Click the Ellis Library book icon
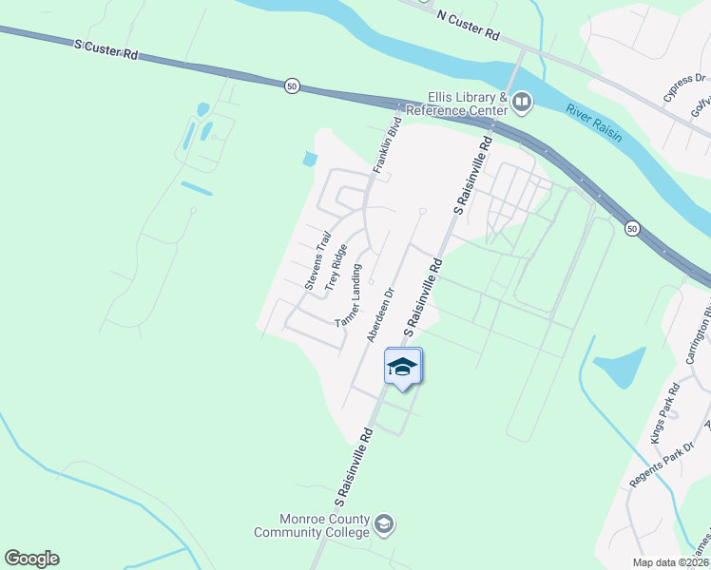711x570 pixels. [x=521, y=101]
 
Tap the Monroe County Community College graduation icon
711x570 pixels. [x=384, y=523]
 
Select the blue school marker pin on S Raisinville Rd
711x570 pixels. [x=403, y=367]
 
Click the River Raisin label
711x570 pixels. [x=594, y=122]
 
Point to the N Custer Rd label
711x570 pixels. [x=468, y=26]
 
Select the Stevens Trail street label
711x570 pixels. [x=317, y=260]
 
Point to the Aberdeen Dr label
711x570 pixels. [x=379, y=316]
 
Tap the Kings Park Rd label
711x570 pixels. [x=663, y=413]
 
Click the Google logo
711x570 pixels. [x=32, y=559]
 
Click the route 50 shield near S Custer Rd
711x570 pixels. [x=291, y=85]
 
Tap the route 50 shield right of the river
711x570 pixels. [x=631, y=228]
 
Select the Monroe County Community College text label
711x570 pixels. [x=311, y=525]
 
